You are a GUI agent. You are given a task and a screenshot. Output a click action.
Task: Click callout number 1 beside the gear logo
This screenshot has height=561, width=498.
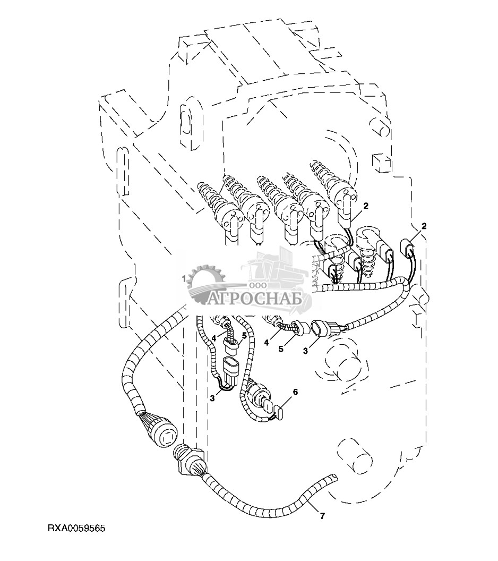point(184,278)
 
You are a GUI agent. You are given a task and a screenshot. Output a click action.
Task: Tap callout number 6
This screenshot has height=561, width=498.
point(295,392)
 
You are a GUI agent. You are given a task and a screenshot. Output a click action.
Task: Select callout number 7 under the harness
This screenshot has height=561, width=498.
point(322,516)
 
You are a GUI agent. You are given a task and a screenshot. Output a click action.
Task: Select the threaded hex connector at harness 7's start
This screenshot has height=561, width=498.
point(187,460)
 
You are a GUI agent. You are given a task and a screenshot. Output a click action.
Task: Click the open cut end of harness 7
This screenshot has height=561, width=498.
point(333,477)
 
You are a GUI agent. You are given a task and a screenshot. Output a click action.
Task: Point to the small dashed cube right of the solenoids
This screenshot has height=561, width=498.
point(381,163)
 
